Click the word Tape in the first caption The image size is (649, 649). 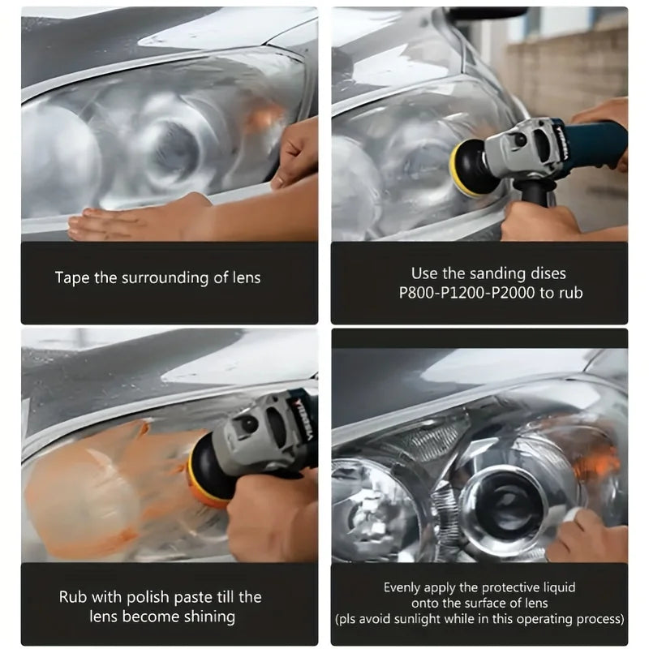(x=71, y=277)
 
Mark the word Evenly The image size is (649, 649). (x=402, y=587)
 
